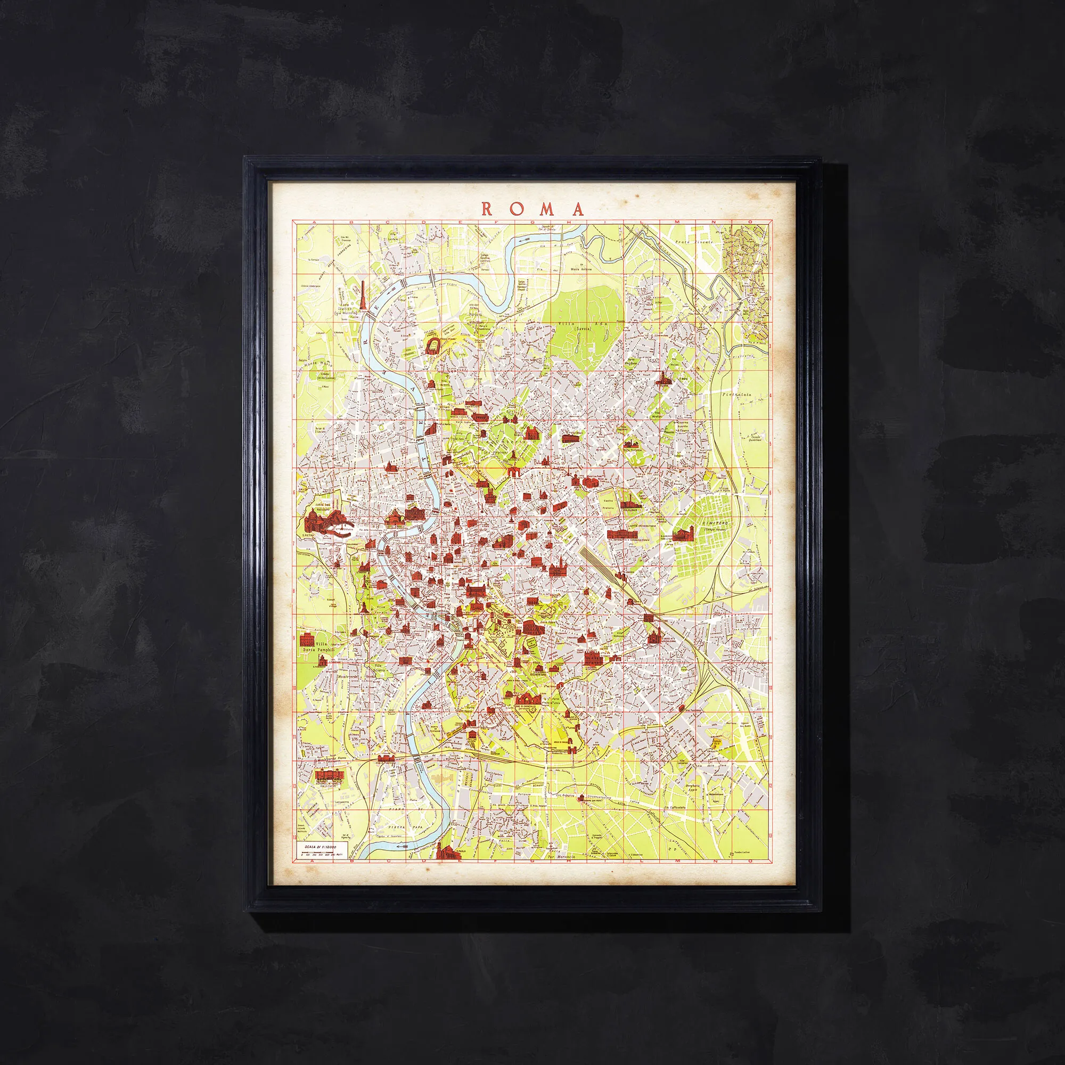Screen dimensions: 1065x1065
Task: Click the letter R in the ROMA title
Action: click(488, 209)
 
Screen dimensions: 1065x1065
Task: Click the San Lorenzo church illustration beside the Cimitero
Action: click(683, 533)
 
